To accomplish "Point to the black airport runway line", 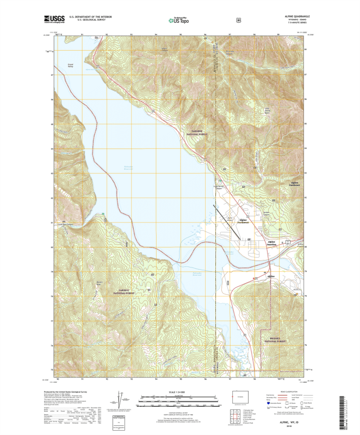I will pos(229,217).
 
